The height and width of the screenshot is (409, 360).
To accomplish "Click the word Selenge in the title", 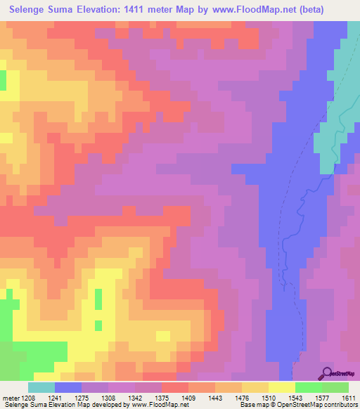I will click(32, 10).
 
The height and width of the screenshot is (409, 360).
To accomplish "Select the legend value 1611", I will click(348, 398).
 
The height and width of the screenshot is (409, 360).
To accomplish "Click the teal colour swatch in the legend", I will click(41, 387).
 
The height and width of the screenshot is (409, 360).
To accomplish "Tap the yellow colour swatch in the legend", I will click(281, 387).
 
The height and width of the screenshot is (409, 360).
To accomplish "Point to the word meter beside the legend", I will click(11, 398).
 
